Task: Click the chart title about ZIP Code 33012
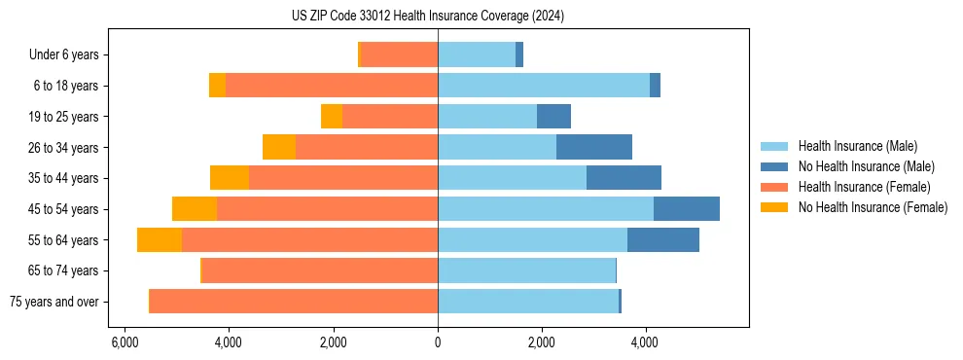click(x=427, y=17)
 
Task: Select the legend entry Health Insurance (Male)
click(x=857, y=146)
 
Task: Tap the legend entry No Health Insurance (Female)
click(x=873, y=207)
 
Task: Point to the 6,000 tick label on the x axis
click(x=124, y=342)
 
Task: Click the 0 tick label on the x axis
click(x=438, y=342)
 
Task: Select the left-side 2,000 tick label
click(x=333, y=342)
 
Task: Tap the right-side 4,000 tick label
click(x=646, y=342)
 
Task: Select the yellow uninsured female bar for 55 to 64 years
click(x=160, y=239)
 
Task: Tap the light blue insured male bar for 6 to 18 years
click(x=544, y=86)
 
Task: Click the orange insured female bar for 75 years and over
click(x=294, y=302)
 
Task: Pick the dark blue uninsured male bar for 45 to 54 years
click(x=687, y=209)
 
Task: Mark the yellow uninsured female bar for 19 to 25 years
click(x=332, y=117)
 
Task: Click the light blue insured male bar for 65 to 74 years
click(x=526, y=270)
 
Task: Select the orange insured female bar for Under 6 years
click(x=400, y=55)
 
